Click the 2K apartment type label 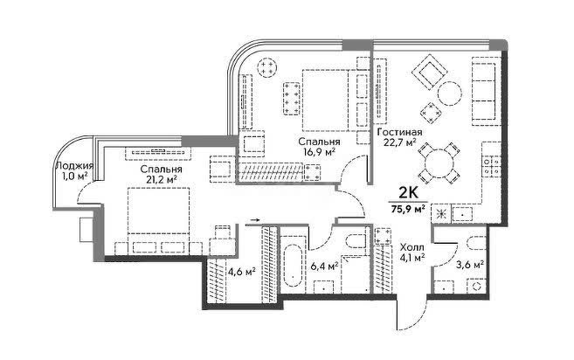pyautogui.click(x=408, y=192)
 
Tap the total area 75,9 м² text pyautogui.click(x=408, y=210)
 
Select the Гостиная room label pyautogui.click(x=399, y=132)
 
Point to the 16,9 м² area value pyautogui.click(x=319, y=151)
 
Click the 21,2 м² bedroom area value pyautogui.click(x=161, y=179)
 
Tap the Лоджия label pyautogui.click(x=74, y=166)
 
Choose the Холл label pyautogui.click(x=412, y=247)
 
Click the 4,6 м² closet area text pyautogui.click(x=242, y=272)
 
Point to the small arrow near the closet pyautogui.click(x=255, y=220)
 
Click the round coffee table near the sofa pyautogui.click(x=450, y=93)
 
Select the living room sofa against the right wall pyautogui.click(x=484, y=88)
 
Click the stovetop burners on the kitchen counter pyautogui.click(x=492, y=165)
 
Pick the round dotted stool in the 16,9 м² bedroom pyautogui.click(x=266, y=67)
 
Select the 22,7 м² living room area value pyautogui.click(x=399, y=142)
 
